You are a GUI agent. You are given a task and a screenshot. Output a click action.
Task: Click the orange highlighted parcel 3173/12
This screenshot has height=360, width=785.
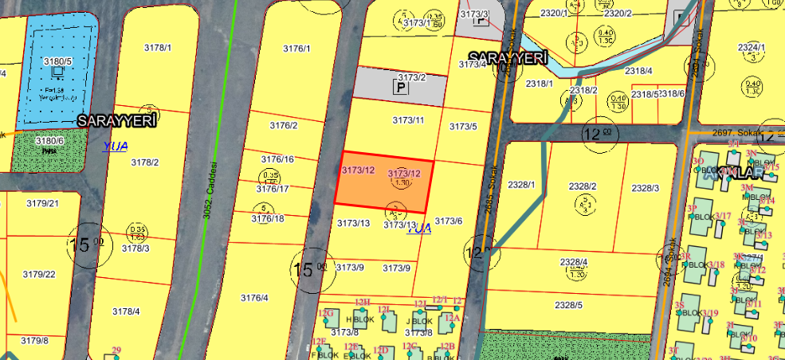point(381,182)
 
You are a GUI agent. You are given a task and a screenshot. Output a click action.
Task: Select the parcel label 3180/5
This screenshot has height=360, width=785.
point(57,61)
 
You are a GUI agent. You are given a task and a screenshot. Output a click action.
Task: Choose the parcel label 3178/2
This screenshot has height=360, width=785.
point(144,162)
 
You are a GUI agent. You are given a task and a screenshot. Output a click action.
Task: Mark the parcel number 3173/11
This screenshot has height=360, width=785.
point(409,120)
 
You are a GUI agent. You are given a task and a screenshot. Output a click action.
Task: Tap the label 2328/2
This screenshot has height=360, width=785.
point(583,186)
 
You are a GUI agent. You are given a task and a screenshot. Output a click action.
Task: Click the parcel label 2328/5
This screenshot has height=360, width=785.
point(569,305)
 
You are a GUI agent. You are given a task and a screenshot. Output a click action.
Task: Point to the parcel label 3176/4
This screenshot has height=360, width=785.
point(254,298)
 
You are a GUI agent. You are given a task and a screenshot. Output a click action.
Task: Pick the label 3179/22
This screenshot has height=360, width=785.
point(39,275)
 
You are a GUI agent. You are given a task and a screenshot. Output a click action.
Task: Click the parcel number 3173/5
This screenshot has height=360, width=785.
point(463,127)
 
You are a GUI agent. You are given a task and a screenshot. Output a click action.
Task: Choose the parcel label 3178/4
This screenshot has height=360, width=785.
point(126,311)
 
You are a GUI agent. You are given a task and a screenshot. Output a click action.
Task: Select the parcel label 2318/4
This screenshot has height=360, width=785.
point(638,71)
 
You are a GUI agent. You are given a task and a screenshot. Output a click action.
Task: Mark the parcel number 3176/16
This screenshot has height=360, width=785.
point(277,159)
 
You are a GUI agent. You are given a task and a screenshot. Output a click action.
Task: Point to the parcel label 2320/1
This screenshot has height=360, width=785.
point(554,14)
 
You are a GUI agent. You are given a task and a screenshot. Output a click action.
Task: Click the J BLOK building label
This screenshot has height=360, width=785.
point(418,322)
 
